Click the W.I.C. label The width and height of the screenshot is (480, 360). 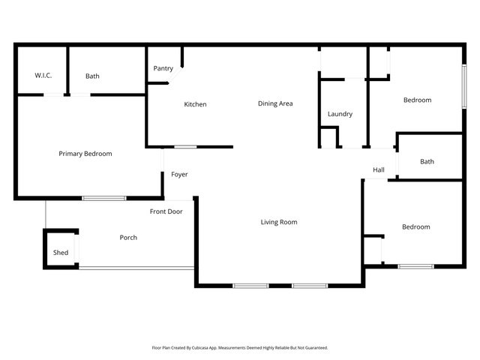43,75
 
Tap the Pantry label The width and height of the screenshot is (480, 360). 163,68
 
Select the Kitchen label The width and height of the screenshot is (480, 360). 195,104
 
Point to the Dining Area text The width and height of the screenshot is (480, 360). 275,103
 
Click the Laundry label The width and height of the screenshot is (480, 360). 340,114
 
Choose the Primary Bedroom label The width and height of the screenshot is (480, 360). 85,154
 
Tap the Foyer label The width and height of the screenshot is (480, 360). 179,175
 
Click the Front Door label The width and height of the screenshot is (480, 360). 166,211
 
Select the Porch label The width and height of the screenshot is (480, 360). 128,238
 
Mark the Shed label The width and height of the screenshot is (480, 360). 61,253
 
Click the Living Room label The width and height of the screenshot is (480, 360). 279,222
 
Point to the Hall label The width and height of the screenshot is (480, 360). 379,170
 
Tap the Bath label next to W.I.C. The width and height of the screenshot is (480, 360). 92,76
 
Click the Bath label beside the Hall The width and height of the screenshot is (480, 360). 427,162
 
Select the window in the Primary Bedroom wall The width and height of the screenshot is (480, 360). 104,198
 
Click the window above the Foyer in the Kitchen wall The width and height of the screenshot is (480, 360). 185,147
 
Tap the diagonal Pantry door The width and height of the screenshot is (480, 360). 175,75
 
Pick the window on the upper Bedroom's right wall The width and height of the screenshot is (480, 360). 464,86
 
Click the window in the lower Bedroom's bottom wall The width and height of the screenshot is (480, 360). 415,267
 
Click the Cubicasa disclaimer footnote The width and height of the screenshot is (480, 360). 240,348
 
